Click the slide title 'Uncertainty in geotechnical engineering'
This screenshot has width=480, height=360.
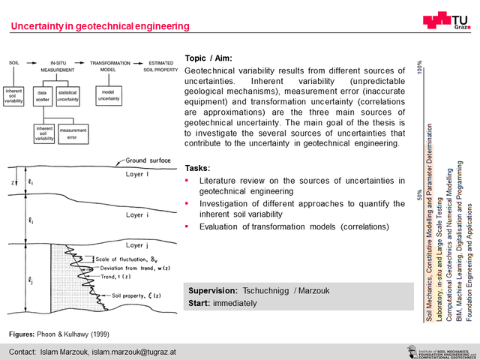(100, 27)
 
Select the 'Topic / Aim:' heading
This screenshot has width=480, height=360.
(210, 58)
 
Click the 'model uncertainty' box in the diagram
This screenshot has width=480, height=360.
(106, 95)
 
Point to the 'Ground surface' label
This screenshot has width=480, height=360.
(146, 160)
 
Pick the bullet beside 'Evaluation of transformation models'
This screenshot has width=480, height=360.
(187, 226)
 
